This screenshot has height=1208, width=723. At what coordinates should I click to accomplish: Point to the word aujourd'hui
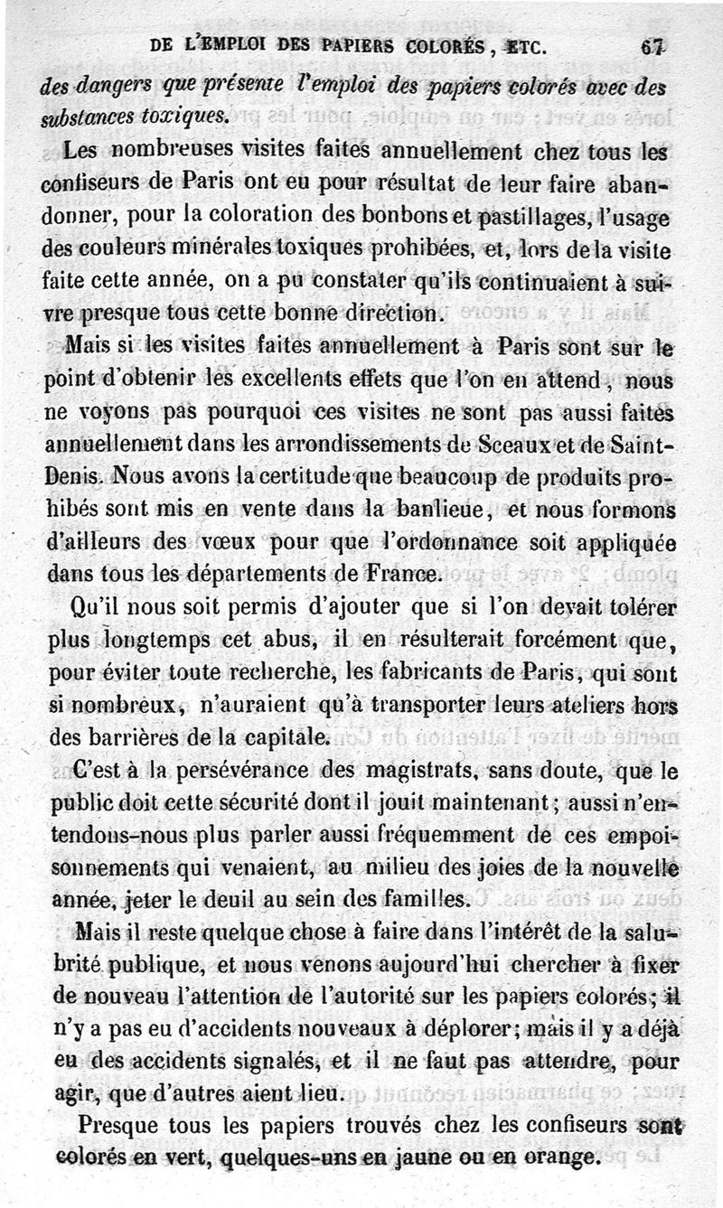415,964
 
